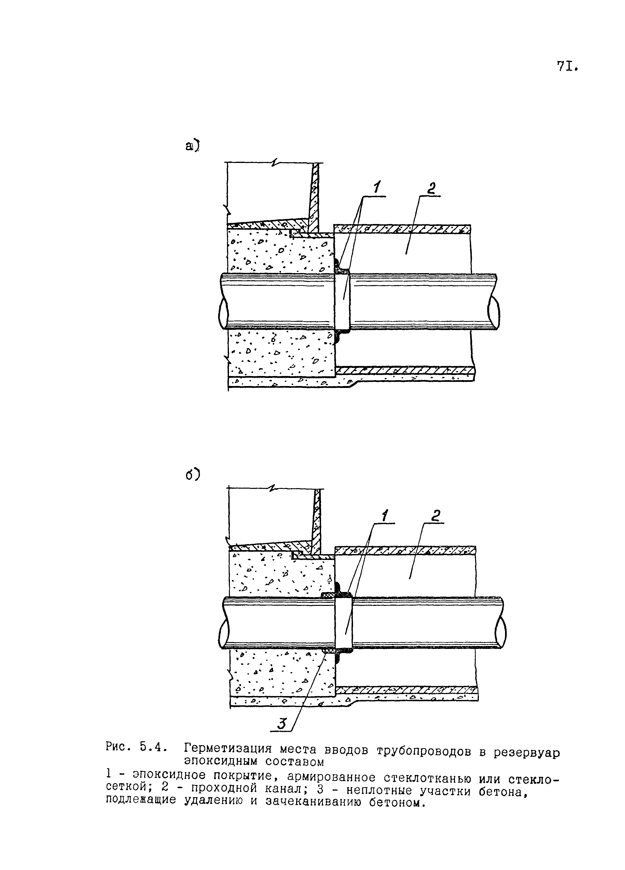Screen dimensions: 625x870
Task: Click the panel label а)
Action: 193,146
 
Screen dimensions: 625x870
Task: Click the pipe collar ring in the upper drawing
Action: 342,301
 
